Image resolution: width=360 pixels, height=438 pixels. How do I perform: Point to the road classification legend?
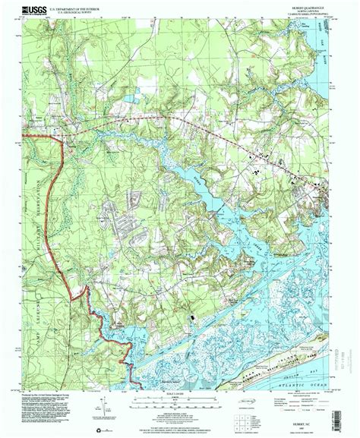click(304, 396)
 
